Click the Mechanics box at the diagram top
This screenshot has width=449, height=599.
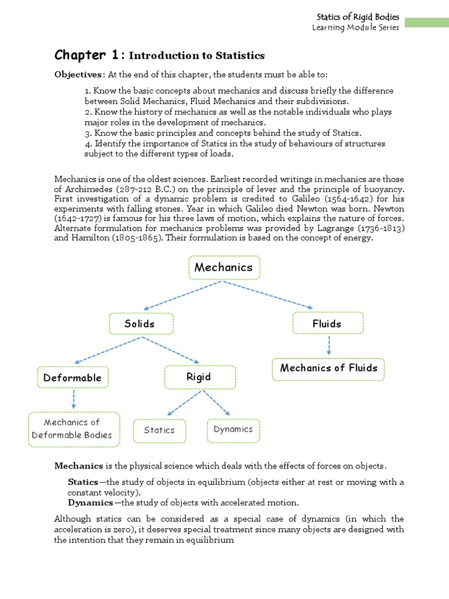(224, 267)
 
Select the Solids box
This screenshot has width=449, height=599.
(141, 323)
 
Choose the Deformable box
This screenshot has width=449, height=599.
(72, 378)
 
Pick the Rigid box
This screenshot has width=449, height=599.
(199, 377)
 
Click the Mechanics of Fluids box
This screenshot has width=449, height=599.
(329, 369)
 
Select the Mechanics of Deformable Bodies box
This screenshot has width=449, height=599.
(74, 429)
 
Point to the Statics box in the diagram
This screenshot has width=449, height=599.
(160, 430)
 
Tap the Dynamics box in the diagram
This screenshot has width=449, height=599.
(233, 429)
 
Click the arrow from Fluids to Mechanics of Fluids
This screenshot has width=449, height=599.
(329, 346)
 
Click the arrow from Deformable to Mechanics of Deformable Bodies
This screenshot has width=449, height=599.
(73, 400)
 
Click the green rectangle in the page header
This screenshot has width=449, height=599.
(426, 22)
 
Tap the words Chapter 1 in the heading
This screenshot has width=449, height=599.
(88, 55)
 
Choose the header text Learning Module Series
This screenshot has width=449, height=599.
(355, 27)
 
